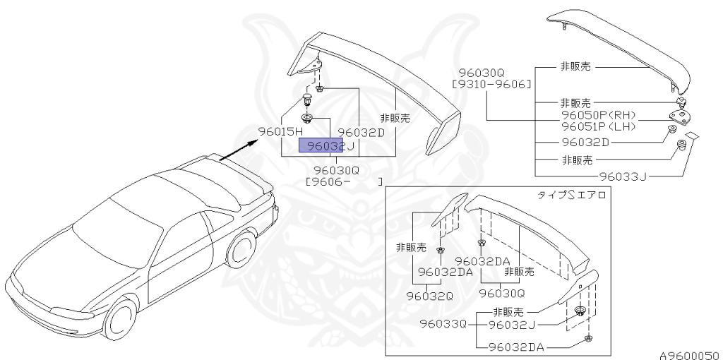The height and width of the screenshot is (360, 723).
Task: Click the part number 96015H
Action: tap(280, 132)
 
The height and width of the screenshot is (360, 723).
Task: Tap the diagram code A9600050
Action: tap(689, 354)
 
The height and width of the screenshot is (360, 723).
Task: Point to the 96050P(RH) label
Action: tap(598, 114)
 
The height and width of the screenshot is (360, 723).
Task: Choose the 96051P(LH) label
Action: tap(598, 126)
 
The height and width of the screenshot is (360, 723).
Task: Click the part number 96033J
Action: tap(623, 176)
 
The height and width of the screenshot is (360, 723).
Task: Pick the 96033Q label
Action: tap(443, 325)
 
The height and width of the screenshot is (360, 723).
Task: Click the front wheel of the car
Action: tap(119, 320)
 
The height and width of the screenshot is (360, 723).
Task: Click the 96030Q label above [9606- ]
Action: tap(337, 169)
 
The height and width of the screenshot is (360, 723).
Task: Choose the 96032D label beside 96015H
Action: tap(361, 132)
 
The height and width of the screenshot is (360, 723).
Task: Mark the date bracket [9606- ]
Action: tap(344, 181)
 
